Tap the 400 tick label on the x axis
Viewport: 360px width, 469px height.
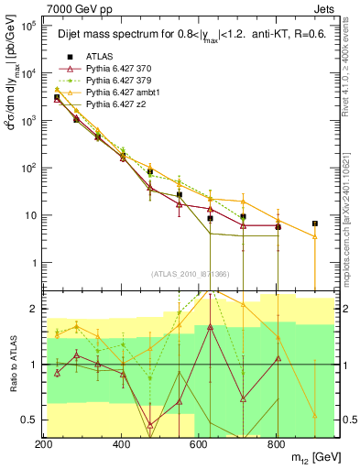122,444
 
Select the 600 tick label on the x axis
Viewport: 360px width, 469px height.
199,444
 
